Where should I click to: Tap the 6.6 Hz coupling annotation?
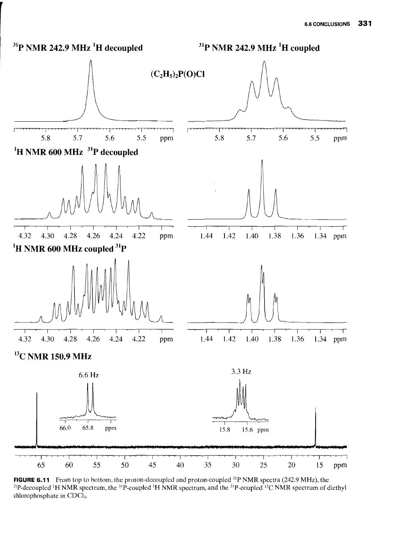[x=89, y=375]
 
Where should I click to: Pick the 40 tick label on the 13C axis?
[x=180, y=465]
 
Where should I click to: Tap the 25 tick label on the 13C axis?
[x=264, y=465]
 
